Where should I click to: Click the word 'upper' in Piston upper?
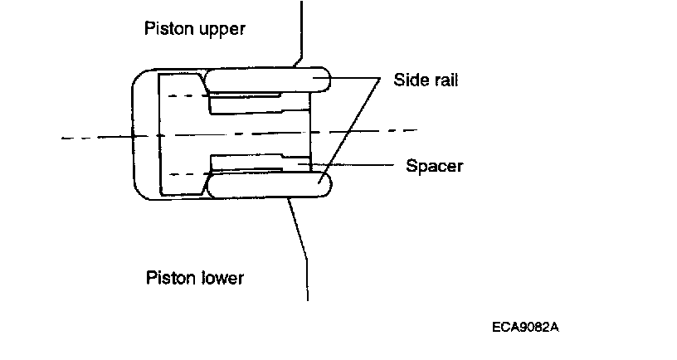221,29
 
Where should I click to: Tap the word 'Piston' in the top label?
167,29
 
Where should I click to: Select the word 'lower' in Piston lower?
220,277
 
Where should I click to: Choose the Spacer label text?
434,166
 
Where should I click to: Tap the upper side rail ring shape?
265,80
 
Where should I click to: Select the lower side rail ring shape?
265,185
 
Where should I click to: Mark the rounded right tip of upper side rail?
325,80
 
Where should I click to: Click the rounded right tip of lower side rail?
325,185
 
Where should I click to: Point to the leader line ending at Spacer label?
357,166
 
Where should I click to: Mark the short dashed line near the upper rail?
184,96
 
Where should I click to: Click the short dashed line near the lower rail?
184,173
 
